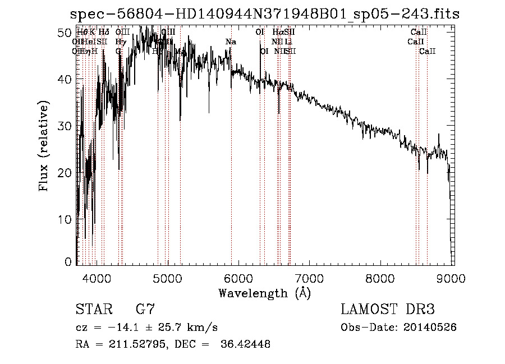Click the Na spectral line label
[x=231, y=42]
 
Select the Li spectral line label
[x=288, y=42]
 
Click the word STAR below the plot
[x=94, y=309]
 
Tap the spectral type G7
[x=145, y=309]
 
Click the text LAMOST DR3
[x=388, y=309]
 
